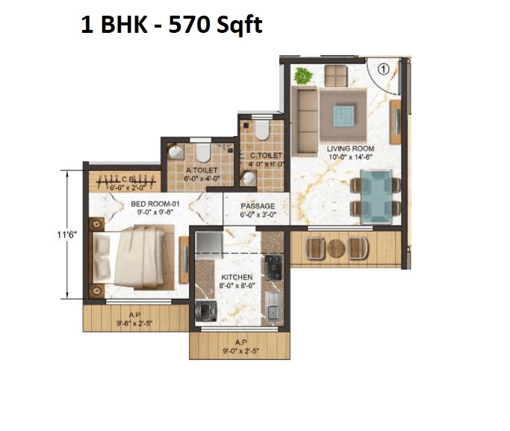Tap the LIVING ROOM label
350,149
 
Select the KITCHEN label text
236,277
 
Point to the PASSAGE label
258,206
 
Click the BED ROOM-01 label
155,203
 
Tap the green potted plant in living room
303,75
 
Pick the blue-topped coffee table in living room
344,114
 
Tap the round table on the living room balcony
337,248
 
